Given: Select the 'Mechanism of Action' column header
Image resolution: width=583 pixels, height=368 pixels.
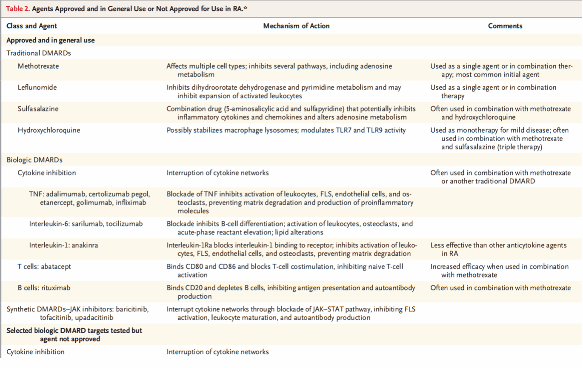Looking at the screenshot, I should [296, 26].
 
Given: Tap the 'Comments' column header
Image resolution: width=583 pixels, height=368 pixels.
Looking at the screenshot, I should [505, 26].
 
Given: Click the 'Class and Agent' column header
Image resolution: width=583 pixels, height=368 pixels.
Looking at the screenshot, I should [31, 26].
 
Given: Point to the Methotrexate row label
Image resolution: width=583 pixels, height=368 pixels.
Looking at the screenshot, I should [38, 66].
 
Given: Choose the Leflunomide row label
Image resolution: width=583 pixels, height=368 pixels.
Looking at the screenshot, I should [37, 88].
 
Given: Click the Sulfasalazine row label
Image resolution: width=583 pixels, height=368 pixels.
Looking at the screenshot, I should [38, 109].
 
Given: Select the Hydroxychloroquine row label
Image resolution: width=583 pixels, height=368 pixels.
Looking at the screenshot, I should [49, 130].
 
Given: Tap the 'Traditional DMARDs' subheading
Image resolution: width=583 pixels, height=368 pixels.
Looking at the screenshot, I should [39, 54].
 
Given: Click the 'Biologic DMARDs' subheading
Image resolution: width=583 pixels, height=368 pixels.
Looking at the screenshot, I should [34, 160].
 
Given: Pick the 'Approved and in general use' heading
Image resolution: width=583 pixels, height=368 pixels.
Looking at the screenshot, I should [50, 40].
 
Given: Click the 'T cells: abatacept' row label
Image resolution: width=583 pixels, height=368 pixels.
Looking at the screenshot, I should [44, 267].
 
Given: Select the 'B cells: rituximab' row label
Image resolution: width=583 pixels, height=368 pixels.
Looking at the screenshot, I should [44, 288].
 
